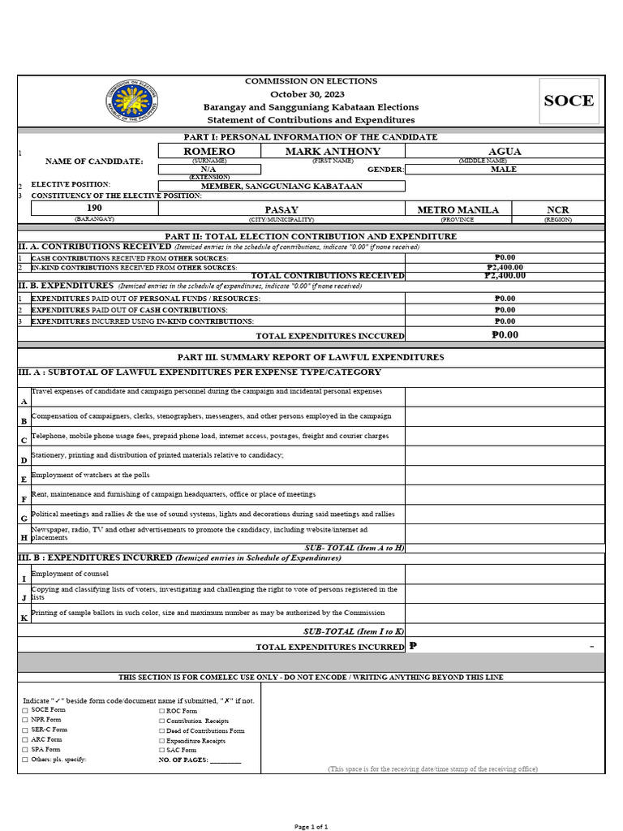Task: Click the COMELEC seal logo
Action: point(131,101)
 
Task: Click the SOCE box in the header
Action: point(569,101)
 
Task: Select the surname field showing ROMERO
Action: point(209,152)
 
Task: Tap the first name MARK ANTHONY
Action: point(333,152)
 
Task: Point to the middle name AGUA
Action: point(505,152)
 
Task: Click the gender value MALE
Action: point(505,170)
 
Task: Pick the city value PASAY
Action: point(281,209)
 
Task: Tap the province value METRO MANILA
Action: point(458,209)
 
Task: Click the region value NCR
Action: point(558,209)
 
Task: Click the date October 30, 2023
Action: point(311,94)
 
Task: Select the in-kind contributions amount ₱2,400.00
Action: point(505,267)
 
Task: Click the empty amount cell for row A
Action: point(505,397)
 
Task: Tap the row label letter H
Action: point(24,537)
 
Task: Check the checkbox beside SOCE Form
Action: point(25,710)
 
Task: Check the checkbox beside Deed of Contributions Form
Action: point(161,730)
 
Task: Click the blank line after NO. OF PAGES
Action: point(226,760)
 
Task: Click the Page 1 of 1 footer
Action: point(311,826)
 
